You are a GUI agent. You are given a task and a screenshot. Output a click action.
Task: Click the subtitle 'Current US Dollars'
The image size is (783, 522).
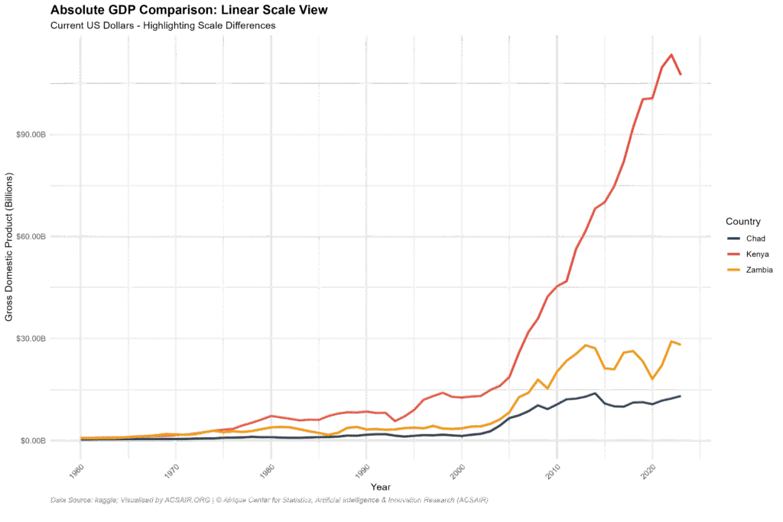pyautogui.click(x=162, y=26)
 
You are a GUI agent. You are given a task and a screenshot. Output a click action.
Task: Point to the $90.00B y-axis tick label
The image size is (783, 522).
pyautogui.click(x=31, y=135)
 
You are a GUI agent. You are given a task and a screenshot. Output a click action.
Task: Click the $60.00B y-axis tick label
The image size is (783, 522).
pyautogui.click(x=31, y=237)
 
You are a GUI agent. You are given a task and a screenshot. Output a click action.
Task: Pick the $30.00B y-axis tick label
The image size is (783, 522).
pyautogui.click(x=31, y=339)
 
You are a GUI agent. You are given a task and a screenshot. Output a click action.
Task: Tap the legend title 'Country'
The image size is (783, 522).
pyautogui.click(x=742, y=222)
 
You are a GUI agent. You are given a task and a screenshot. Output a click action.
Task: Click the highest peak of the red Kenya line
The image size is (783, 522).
pyautogui.click(x=671, y=55)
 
